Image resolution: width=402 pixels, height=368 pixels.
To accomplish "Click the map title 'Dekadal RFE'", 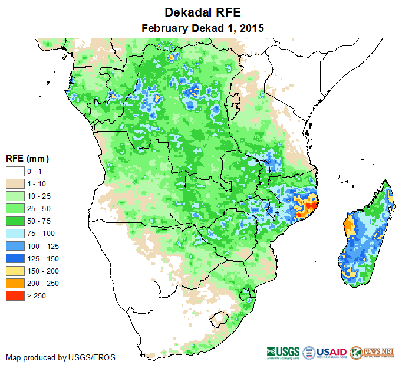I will tap(202, 12).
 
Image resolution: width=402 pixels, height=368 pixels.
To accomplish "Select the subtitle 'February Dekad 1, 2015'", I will tap(202, 28).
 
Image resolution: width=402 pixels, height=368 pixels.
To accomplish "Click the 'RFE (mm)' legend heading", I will tap(27, 159).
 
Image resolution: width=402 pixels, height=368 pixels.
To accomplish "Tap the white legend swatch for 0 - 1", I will tap(15, 171).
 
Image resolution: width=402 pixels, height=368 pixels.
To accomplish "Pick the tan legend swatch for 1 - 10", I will tap(15, 183).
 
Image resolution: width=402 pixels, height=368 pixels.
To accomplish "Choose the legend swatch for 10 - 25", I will tap(15, 196).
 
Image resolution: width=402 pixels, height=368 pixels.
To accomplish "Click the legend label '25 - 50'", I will tap(38, 208).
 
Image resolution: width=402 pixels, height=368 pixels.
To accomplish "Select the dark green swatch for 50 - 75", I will tap(15, 221).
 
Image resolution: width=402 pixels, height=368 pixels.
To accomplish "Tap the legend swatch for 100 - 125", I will tap(15, 245).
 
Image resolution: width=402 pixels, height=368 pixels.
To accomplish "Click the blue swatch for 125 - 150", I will tap(15, 258).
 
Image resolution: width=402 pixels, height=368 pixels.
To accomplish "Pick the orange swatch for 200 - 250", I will tap(15, 283).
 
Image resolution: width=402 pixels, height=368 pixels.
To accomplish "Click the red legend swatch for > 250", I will tap(15, 295).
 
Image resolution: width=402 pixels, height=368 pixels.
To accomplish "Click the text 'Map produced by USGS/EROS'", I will tap(61, 357).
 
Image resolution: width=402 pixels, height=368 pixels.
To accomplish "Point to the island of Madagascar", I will tap(365, 236).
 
